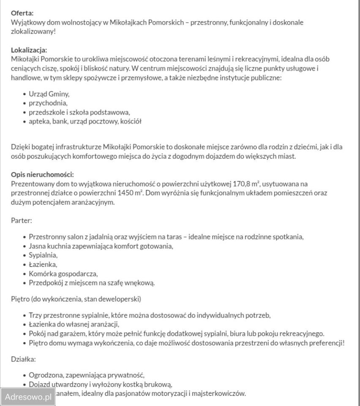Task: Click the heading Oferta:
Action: click(x=22, y=13)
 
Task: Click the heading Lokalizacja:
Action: click(x=29, y=50)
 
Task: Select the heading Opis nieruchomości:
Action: click(x=42, y=174)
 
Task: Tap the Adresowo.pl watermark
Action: click(x=27, y=397)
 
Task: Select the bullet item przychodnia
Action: click(x=48, y=103)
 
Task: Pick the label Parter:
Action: click(x=22, y=220)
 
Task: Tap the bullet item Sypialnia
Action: click(x=43, y=255)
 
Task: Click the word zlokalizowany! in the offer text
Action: click(x=33, y=32)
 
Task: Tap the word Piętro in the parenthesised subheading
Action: click(x=20, y=299)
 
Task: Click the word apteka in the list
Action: click(x=39, y=121)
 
